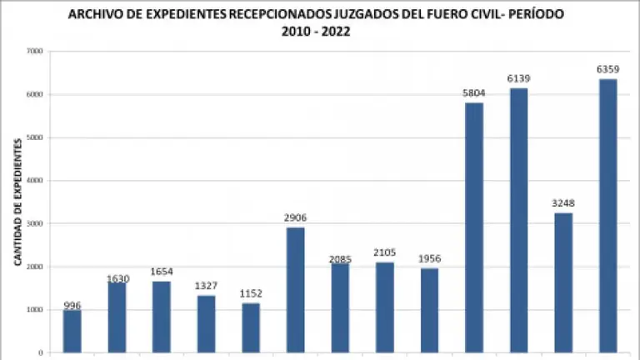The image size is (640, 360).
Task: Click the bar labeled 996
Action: pyautogui.click(x=72, y=331)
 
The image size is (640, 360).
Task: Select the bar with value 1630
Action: pyautogui.click(x=117, y=317)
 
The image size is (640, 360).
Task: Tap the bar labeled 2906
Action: pyautogui.click(x=296, y=290)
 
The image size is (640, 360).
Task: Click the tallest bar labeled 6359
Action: pyautogui.click(x=608, y=216)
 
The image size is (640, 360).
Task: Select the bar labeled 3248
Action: pyautogui.click(x=563, y=282)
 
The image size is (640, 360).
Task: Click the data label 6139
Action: pyautogui.click(x=518, y=79)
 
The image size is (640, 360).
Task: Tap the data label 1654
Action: pyautogui.click(x=162, y=272)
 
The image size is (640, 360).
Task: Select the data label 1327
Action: pyautogui.click(x=207, y=287)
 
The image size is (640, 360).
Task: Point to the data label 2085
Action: pyautogui.click(x=340, y=259)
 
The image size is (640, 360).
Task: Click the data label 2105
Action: pyautogui.click(x=385, y=253)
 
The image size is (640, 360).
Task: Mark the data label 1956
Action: pyautogui.click(x=429, y=259)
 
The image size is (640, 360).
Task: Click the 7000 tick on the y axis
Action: pyautogui.click(x=35, y=52)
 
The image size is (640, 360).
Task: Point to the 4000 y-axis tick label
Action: pyautogui.click(x=35, y=181)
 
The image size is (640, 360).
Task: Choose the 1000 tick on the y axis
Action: pyautogui.click(x=35, y=310)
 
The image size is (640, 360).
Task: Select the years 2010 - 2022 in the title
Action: pyautogui.click(x=316, y=32)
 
